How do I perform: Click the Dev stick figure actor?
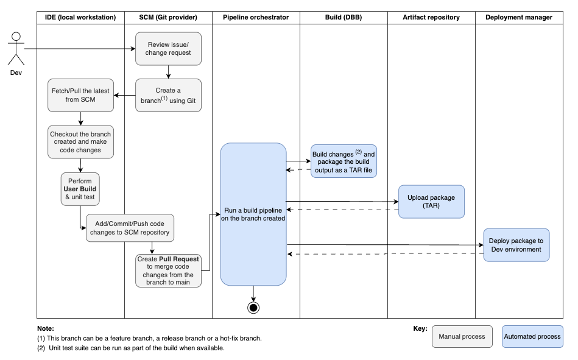click(16, 50)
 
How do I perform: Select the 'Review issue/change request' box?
click(168, 48)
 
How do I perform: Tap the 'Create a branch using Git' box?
click(168, 95)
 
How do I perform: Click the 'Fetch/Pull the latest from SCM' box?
click(80, 95)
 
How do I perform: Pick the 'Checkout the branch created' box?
click(80, 142)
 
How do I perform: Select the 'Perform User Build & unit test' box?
click(80, 189)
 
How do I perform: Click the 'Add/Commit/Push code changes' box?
click(130, 228)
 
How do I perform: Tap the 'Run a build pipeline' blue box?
click(253, 214)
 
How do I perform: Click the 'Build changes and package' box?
click(344, 161)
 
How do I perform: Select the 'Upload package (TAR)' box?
click(431, 202)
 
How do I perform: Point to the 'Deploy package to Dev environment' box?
click(516, 245)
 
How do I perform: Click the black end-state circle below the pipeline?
click(253, 307)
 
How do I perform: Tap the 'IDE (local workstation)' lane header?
click(80, 17)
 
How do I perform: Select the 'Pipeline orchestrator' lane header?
click(256, 17)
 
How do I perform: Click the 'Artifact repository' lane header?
click(431, 17)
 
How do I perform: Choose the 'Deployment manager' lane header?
click(519, 17)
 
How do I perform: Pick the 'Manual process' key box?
click(462, 336)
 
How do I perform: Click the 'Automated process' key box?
click(532, 336)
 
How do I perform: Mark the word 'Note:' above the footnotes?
click(46, 328)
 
